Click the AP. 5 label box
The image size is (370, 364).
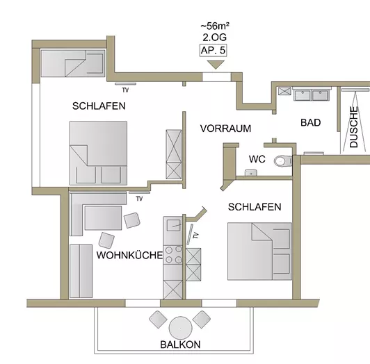214,51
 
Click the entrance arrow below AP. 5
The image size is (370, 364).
214,65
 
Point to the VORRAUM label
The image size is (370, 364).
225,129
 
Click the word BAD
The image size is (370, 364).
310,122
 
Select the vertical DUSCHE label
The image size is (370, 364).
354,126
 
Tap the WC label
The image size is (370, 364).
257,159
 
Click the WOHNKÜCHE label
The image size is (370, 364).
129,256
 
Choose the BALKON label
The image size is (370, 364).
180,345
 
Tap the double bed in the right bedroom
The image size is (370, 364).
259,251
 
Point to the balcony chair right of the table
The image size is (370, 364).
202,320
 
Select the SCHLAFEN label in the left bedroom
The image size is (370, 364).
99,106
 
